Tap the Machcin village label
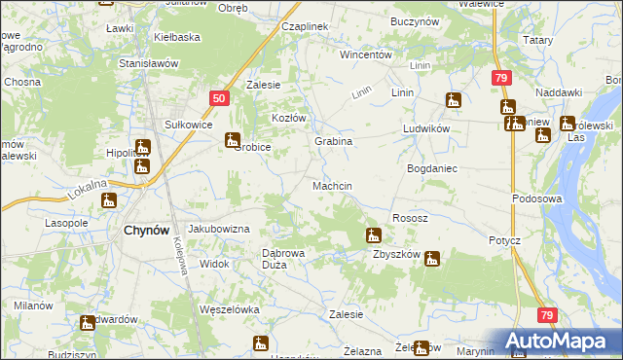tap(332, 185)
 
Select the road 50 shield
tap(219, 98)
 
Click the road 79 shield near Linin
tap(500, 78)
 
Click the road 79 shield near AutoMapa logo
tap(548, 315)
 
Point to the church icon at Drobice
tap(233, 140)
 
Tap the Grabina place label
tap(333, 141)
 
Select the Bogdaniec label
tap(431, 168)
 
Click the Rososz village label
tap(409, 218)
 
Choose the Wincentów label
tap(365, 54)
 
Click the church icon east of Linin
tap(453, 99)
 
